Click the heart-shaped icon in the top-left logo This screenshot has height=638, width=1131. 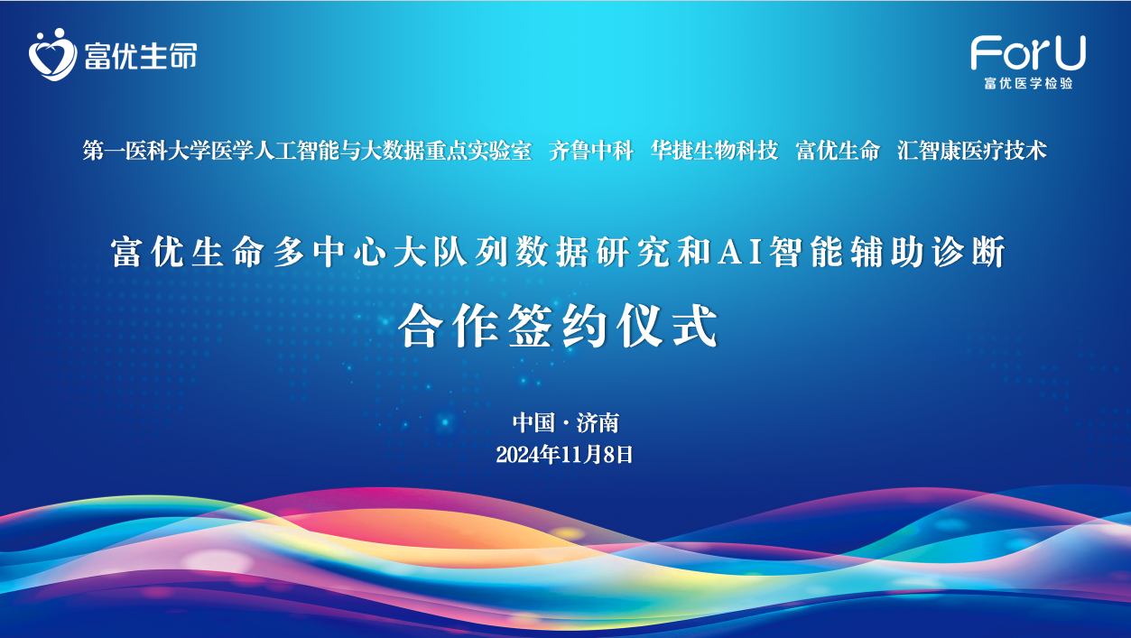pyautogui.click(x=52, y=54)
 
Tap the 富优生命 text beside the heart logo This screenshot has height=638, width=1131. pyautogui.click(x=141, y=56)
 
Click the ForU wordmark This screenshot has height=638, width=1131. pyautogui.click(x=1028, y=52)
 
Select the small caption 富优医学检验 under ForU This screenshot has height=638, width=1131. pyautogui.click(x=1028, y=83)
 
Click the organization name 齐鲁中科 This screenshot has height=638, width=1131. pyautogui.click(x=591, y=151)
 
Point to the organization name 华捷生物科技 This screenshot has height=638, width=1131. pyautogui.click(x=715, y=151)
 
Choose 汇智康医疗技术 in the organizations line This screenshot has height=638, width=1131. pyautogui.click(x=972, y=151)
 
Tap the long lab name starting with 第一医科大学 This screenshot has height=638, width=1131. pyautogui.click(x=307, y=151)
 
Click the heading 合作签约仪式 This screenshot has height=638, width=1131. pyautogui.click(x=559, y=326)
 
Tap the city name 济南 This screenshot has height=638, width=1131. pyautogui.click(x=598, y=422)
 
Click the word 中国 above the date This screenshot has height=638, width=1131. pyautogui.click(x=533, y=422)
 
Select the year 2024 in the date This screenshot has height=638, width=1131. pyautogui.click(x=517, y=455)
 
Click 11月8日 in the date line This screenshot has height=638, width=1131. pyautogui.click(x=597, y=455)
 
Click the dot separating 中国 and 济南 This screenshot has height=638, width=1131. pyautogui.click(x=565, y=423)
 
